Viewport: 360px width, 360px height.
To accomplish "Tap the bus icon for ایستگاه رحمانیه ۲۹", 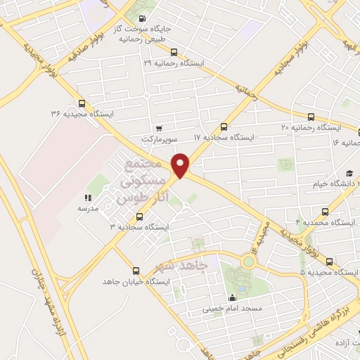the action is pos(174,51).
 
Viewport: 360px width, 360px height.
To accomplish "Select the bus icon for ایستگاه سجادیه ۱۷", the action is pos(224,127).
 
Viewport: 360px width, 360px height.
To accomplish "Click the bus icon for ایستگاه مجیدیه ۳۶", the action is pos(82,102).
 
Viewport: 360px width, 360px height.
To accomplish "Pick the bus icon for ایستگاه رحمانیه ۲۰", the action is pos(310,117).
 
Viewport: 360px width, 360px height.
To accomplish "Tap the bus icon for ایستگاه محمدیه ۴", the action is pos(324,211).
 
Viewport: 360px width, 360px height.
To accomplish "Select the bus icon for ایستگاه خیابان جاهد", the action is pos(136,270).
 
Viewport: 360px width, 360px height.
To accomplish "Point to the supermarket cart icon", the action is pos(160,128).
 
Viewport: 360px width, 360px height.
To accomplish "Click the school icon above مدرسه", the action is pos(88,198).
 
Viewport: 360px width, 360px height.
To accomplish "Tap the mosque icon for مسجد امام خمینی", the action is pos(232,297).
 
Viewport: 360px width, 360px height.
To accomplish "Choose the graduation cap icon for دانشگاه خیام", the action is pos(349,173).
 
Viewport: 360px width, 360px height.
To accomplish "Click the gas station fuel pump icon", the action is pos(143,19).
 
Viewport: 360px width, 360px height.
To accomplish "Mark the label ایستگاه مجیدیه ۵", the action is pos(330,272).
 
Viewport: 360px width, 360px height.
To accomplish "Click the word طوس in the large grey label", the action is pos(134,198).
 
